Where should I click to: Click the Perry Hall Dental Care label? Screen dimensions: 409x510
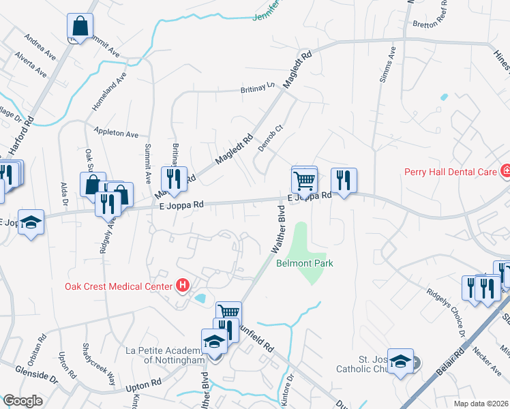coord(450,172)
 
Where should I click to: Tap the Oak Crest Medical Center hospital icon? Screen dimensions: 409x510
coord(183,286)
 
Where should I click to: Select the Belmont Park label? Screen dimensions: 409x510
coord(304,263)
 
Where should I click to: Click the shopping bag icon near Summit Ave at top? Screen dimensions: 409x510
coord(80,27)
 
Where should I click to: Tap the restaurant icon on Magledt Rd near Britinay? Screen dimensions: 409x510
coord(174,179)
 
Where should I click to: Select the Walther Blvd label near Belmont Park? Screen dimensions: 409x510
coord(279,229)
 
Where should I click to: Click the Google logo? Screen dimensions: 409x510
coord(22,401)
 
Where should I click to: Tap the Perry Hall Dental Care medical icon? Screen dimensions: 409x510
coord(505,171)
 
